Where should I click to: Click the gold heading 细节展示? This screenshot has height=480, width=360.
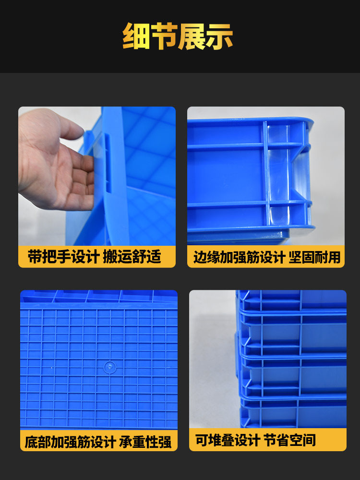(178, 36)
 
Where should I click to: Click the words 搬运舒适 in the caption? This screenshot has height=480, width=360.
(132, 256)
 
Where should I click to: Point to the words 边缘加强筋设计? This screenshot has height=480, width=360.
(240, 257)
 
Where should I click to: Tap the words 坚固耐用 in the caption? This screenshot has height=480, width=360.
(314, 257)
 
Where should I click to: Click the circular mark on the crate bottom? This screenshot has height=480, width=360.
(109, 367)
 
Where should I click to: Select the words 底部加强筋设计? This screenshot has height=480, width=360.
(70, 442)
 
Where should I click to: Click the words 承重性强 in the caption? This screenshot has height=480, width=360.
(145, 442)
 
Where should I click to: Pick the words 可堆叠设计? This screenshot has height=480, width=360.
(228, 440)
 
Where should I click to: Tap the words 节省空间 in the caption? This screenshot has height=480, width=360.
(289, 440)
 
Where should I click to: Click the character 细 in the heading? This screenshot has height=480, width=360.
(136, 36)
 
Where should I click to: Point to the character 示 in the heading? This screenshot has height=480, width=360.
(219, 36)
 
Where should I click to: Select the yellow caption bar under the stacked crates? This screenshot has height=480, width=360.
(267, 440)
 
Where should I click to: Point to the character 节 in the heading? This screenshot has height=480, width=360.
(164, 36)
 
